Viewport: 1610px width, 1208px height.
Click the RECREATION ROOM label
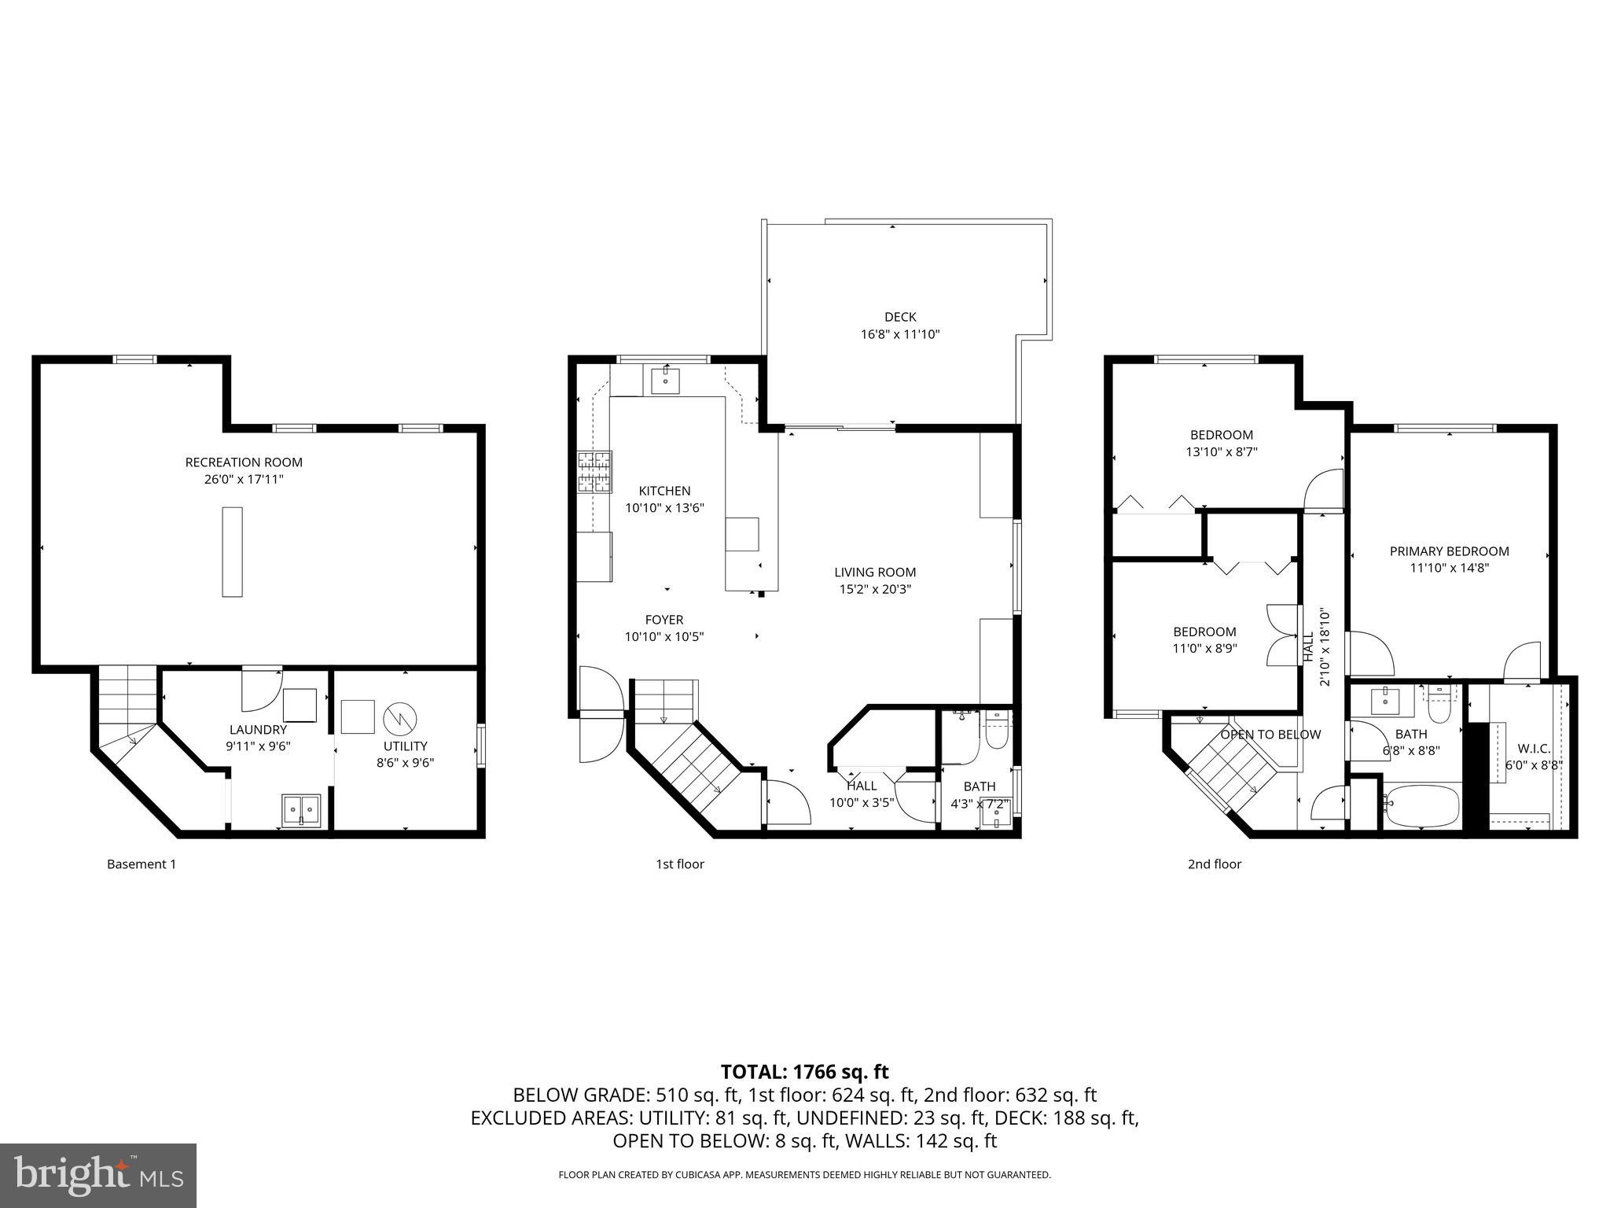tap(244, 462)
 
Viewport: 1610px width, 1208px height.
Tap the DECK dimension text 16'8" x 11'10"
tap(900, 334)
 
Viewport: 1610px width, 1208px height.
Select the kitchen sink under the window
tap(666, 381)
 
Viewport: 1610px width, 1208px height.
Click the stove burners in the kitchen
tap(595, 471)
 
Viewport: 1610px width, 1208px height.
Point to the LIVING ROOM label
tap(875, 573)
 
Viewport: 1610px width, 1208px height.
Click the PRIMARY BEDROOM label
tap(1449, 551)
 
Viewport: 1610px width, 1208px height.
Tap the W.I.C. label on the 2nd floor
tap(1534, 749)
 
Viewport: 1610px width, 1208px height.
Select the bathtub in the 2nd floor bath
tap(1421, 806)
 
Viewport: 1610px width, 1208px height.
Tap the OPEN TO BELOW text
tap(1270, 735)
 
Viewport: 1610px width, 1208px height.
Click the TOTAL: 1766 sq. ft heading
tap(804, 1072)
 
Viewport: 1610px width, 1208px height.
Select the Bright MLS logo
tap(98, 1176)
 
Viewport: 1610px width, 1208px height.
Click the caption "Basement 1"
tap(142, 864)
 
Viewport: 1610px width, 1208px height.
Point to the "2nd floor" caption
tap(1214, 864)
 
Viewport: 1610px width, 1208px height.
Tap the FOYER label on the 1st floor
tap(664, 620)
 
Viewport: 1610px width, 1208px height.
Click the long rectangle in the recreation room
tap(232, 551)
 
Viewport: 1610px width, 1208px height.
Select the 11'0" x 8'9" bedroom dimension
tap(1204, 649)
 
